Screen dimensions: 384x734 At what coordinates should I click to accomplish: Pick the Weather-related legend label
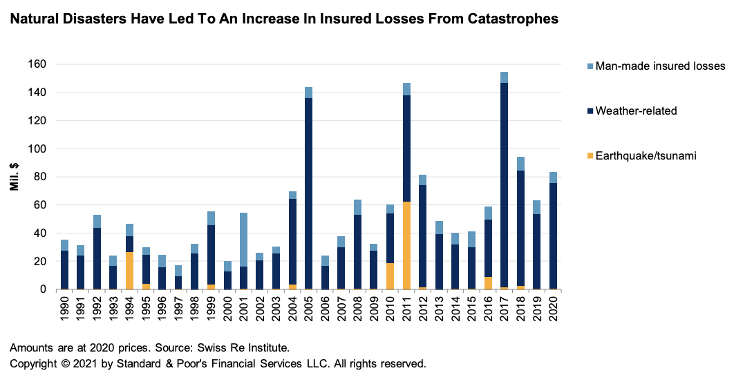click(x=637, y=111)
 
